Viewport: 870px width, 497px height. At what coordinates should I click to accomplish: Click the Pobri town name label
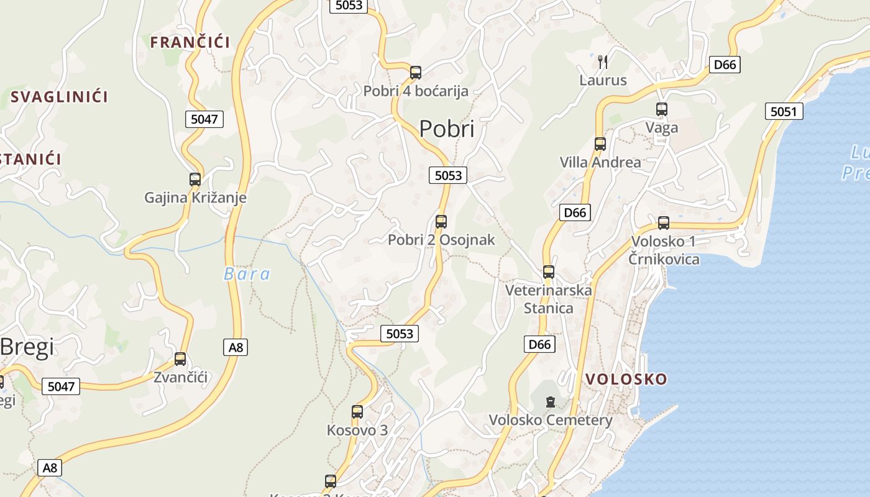pyautogui.click(x=446, y=129)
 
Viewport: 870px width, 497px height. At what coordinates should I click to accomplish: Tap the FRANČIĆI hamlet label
pyautogui.click(x=190, y=42)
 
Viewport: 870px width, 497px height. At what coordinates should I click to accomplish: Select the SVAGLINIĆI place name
pyautogui.click(x=59, y=97)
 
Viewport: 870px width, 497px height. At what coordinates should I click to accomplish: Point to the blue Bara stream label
pyautogui.click(x=247, y=274)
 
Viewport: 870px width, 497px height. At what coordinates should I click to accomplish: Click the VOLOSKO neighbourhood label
pyautogui.click(x=626, y=379)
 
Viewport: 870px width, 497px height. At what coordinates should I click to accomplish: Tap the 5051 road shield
pyautogui.click(x=783, y=112)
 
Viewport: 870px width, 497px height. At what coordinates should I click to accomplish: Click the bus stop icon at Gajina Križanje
pyautogui.click(x=195, y=180)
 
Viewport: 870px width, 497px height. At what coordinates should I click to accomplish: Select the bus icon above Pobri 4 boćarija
pyautogui.click(x=416, y=73)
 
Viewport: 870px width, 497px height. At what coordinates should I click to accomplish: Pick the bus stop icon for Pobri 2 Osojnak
pyautogui.click(x=441, y=221)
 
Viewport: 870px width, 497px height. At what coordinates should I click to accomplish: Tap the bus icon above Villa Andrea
pyautogui.click(x=600, y=144)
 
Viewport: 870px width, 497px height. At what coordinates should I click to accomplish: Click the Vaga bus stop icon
pyautogui.click(x=662, y=109)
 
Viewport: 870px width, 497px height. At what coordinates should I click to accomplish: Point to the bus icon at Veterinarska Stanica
pyautogui.click(x=549, y=272)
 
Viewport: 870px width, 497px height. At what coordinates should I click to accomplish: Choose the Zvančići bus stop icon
pyautogui.click(x=180, y=359)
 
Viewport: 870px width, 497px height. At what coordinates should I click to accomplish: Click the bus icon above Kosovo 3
pyautogui.click(x=357, y=412)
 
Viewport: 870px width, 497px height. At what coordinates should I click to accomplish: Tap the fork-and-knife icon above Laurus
pyautogui.click(x=602, y=62)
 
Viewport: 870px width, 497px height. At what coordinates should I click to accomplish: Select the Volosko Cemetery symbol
pyautogui.click(x=551, y=402)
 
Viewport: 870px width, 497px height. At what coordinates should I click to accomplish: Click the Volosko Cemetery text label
pyautogui.click(x=551, y=420)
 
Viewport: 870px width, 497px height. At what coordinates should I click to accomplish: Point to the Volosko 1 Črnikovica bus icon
pyautogui.click(x=664, y=223)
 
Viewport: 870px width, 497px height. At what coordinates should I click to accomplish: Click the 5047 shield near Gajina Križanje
pyautogui.click(x=204, y=119)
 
